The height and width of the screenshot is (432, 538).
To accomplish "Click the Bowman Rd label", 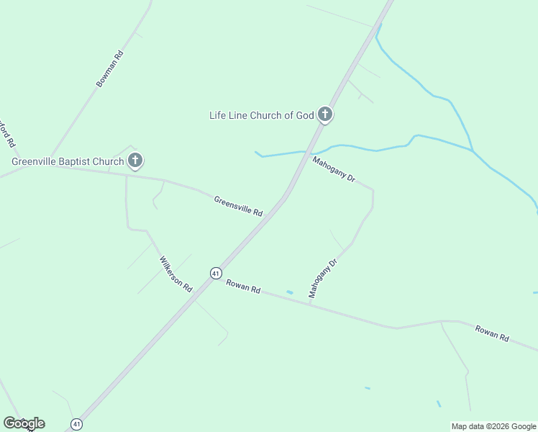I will [110, 69].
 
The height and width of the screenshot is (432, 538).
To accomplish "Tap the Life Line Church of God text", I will [262, 115].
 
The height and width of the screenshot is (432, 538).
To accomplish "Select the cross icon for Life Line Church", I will [325, 114].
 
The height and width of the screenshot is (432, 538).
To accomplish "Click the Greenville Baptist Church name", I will [68, 161].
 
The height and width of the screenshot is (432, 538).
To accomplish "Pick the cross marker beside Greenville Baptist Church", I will [134, 161].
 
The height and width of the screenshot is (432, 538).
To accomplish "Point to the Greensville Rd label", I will [239, 206].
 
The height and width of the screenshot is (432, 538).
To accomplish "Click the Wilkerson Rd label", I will [176, 274].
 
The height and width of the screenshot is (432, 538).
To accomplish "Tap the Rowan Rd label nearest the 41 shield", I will [243, 286].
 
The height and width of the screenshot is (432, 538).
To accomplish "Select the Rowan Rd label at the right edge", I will [492, 333].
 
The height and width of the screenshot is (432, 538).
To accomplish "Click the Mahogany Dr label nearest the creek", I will [334, 168].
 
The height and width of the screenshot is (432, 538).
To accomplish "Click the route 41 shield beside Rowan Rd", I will [216, 273].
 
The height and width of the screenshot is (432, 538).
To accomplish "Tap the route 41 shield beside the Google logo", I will [77, 423].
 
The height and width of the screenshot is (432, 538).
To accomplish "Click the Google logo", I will [24, 423].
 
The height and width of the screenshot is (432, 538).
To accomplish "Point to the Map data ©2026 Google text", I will [493, 426].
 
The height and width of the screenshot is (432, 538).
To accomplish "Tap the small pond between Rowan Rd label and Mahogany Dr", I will [289, 292].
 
